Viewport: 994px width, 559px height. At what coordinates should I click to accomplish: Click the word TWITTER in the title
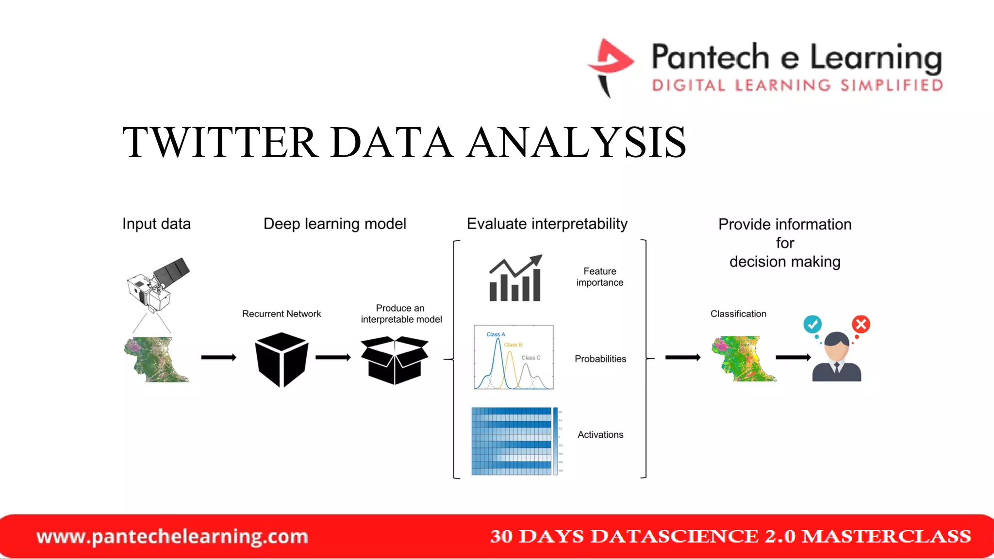(220, 142)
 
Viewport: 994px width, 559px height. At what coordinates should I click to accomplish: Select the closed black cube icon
(282, 359)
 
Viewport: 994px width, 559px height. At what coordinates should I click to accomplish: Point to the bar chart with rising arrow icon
(515, 279)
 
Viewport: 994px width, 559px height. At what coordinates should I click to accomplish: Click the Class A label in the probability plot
(496, 334)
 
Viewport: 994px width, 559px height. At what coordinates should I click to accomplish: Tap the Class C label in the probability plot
(530, 358)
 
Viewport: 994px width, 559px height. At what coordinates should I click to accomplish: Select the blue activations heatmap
(512, 441)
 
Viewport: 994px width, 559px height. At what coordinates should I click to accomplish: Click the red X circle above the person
(861, 324)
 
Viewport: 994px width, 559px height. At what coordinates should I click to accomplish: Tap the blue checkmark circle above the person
(812, 324)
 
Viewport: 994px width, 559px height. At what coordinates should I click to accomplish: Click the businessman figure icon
(837, 358)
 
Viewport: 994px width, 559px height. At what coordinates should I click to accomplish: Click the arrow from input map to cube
(218, 358)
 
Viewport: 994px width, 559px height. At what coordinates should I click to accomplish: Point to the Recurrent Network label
(282, 314)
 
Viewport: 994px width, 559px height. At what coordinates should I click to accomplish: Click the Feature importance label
(599, 277)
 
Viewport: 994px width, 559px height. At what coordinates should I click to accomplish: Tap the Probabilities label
(600, 359)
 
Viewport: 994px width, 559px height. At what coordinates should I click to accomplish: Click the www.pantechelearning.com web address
(172, 537)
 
